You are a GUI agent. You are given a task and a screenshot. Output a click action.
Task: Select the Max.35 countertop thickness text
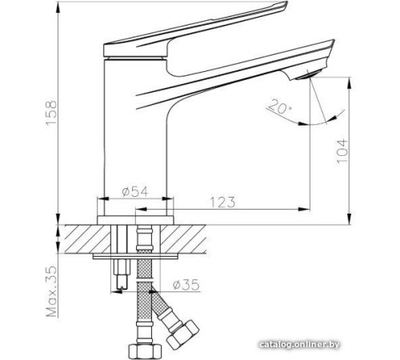50,292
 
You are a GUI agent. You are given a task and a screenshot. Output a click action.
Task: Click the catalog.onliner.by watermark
327,345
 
